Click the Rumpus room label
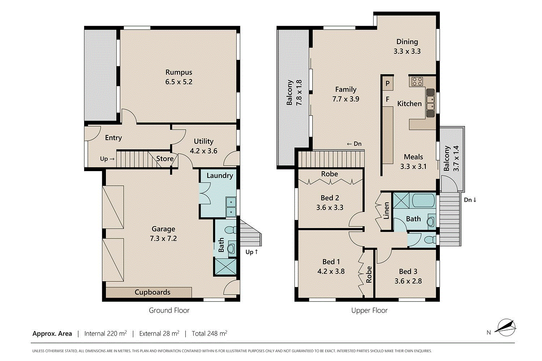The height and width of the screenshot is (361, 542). tap(178, 72)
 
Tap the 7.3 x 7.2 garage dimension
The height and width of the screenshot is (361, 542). tap(163, 239)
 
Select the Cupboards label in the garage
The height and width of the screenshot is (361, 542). tap(152, 292)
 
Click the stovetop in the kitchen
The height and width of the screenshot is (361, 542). tap(417, 81)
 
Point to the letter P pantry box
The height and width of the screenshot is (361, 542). tap(387, 83)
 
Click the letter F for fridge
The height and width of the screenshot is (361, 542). tap(387, 99)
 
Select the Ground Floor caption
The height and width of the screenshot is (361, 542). tap(169, 310)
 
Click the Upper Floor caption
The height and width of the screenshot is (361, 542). tap(369, 310)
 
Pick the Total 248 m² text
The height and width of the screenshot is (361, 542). tap(209, 334)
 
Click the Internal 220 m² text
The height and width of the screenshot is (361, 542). tap(106, 334)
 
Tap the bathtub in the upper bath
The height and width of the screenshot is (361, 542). tap(423, 201)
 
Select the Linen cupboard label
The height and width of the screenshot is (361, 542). tap(386, 210)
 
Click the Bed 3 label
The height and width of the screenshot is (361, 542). tap(408, 271)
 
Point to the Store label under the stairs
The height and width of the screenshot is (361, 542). tap(165, 159)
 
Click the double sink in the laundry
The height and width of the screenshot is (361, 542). tap(231, 207)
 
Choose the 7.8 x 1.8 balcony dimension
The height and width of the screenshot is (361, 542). tap(299, 93)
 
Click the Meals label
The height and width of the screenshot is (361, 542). tap(413, 157)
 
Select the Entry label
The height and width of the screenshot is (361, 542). tap(113, 138)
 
